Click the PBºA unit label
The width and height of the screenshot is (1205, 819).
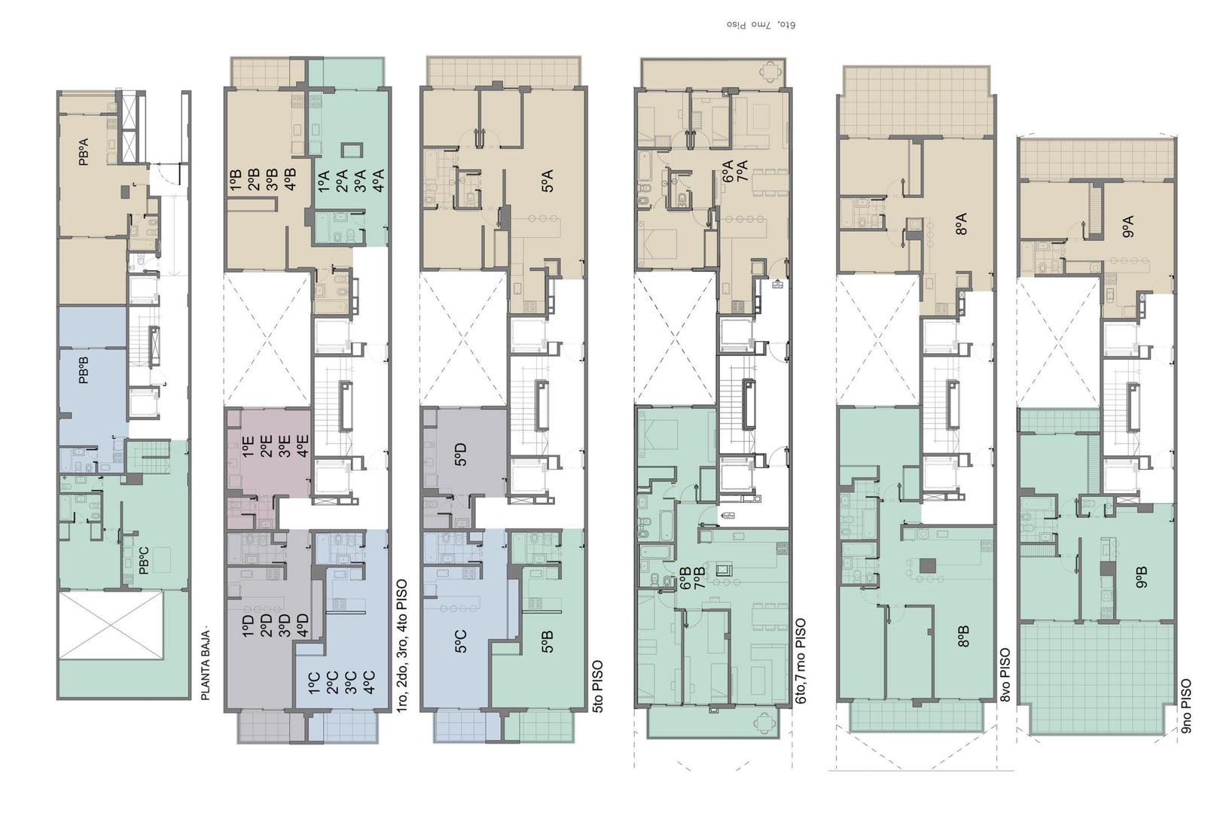pos(84,151)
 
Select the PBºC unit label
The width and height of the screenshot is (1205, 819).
pos(144,560)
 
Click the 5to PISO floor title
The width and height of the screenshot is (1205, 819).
pos(597,687)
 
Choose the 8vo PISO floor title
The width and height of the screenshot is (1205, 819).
pos(1005,675)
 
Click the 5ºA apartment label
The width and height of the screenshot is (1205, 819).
pos(547,181)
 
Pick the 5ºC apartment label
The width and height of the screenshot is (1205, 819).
pos(460,641)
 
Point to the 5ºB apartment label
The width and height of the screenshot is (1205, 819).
pos(547,641)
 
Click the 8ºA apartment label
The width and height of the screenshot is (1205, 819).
pos(962,224)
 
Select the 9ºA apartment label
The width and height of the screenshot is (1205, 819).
pos(1128,227)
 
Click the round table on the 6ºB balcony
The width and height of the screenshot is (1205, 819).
pos(765,723)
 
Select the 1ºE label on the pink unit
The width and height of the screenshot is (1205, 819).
pos(247,447)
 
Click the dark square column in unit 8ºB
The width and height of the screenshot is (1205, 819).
pos(928,566)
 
